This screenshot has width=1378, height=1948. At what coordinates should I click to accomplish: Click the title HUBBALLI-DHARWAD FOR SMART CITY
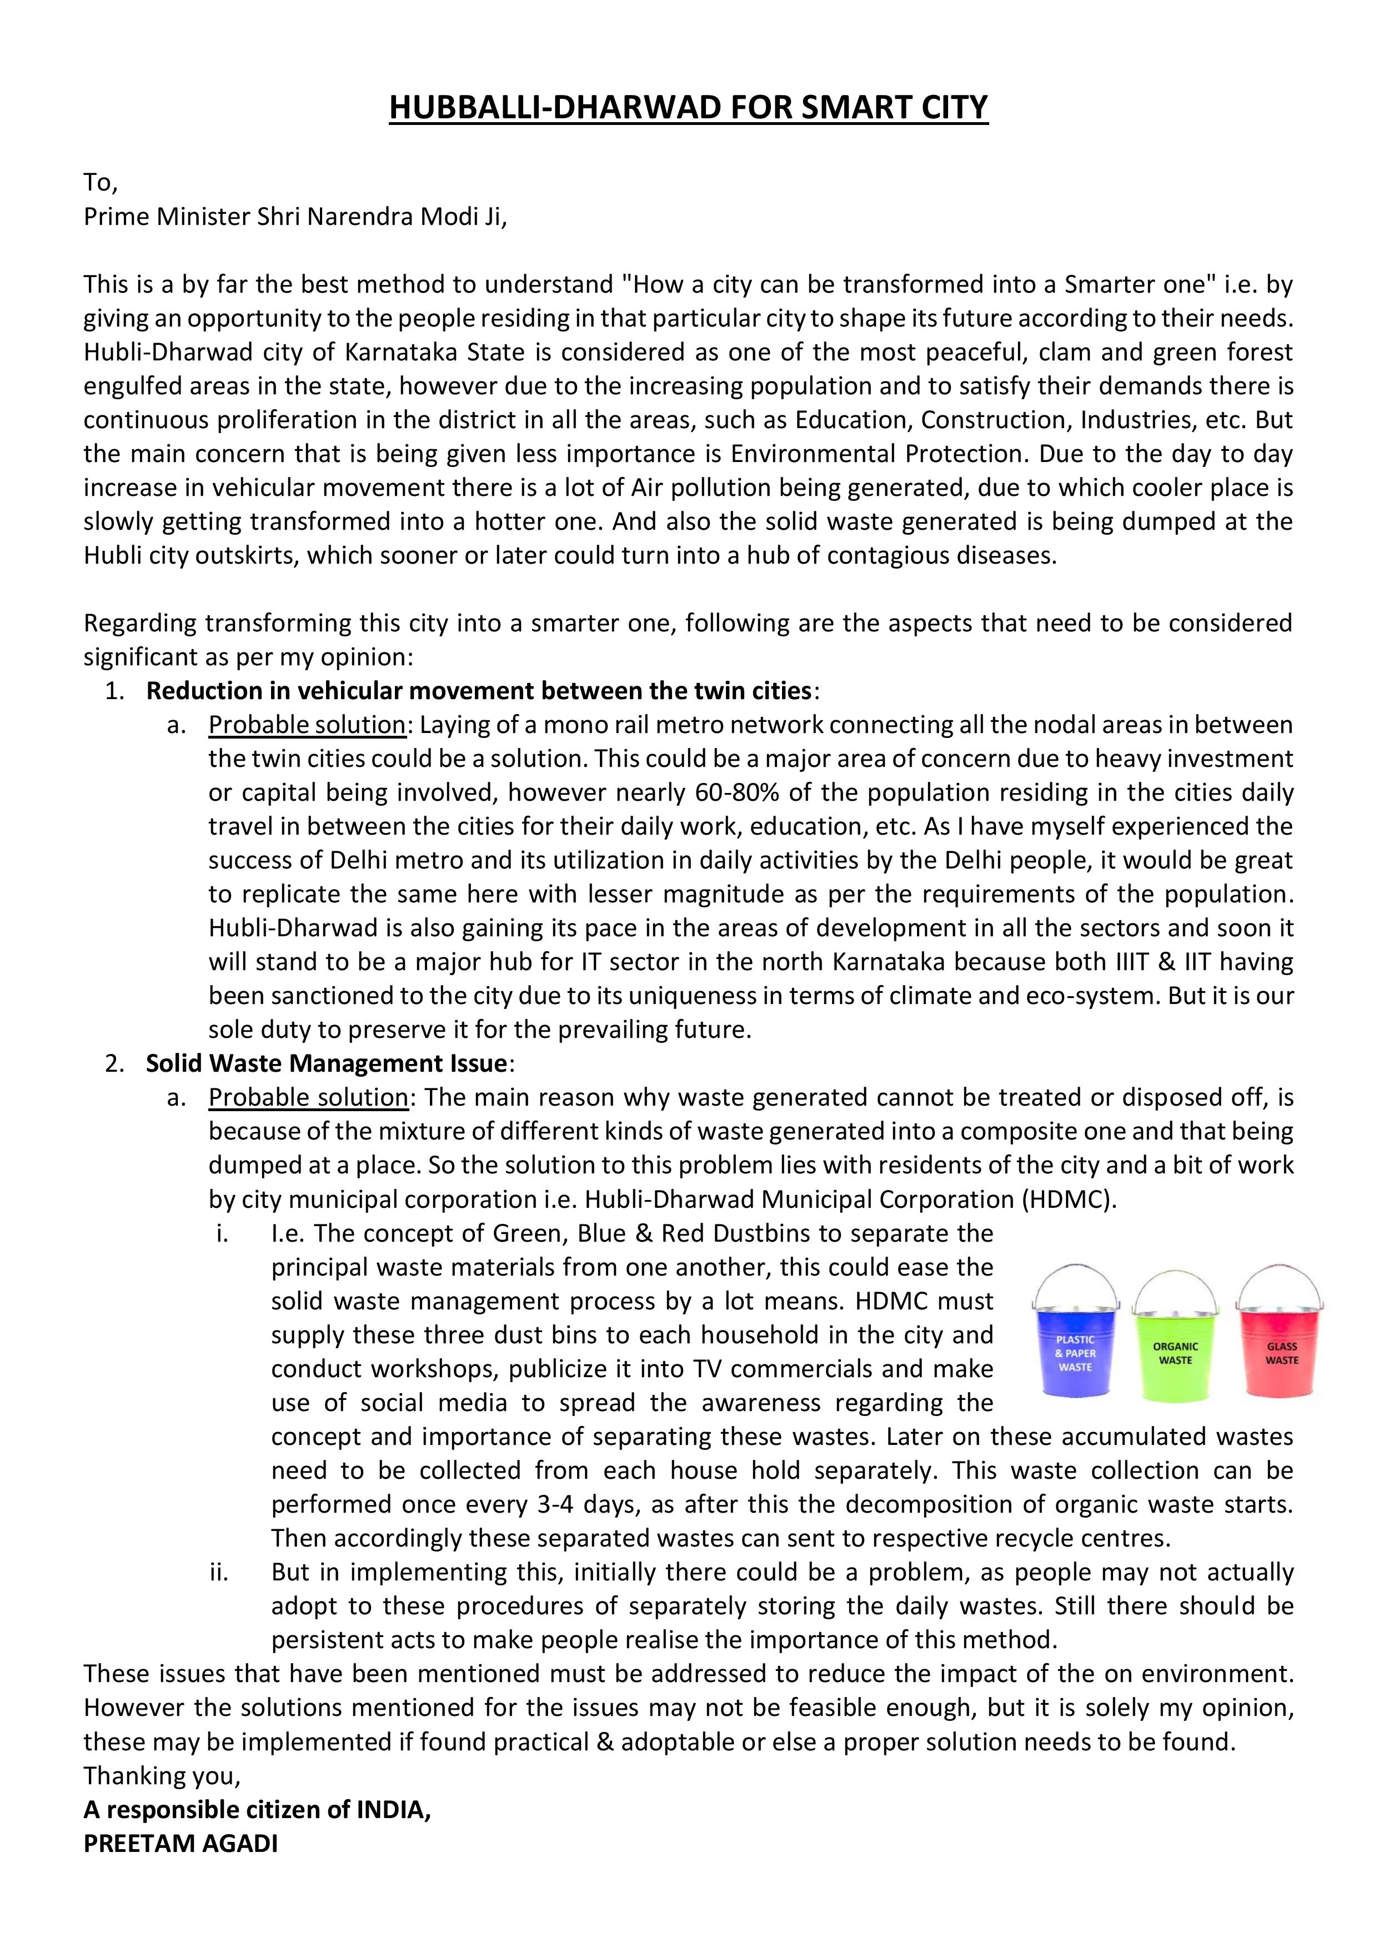(688, 108)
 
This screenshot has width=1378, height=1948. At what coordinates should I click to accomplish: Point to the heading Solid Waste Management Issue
(327, 1063)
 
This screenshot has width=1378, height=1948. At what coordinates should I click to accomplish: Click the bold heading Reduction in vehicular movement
(479, 691)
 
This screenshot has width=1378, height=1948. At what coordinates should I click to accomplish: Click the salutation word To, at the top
(100, 182)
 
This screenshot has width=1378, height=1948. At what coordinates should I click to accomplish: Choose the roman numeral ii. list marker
(221, 1572)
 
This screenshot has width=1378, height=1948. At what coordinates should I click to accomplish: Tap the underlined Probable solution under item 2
(308, 1097)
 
